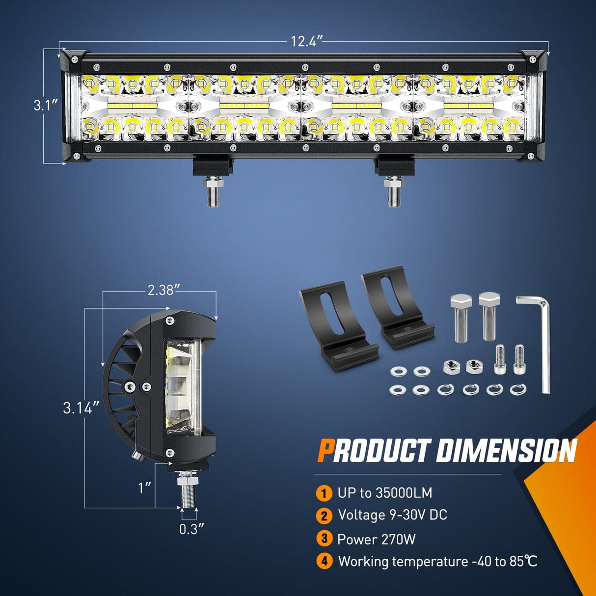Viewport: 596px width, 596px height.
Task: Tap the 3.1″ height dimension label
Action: (46, 105)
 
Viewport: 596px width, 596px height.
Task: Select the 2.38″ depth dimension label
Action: (161, 290)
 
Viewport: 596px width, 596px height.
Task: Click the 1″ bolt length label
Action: (144, 488)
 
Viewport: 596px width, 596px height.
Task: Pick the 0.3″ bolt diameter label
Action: (191, 529)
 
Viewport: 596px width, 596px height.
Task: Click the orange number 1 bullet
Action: (324, 493)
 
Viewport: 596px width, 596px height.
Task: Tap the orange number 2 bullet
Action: (324, 515)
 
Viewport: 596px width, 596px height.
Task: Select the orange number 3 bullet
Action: (324, 539)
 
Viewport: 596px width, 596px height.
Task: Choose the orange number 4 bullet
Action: (324, 561)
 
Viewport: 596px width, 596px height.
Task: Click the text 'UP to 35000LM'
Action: (385, 493)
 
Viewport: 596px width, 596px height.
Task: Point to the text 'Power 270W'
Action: (376, 539)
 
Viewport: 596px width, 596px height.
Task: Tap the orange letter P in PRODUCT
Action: (325, 451)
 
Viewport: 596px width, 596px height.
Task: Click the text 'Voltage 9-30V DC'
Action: (393, 515)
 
